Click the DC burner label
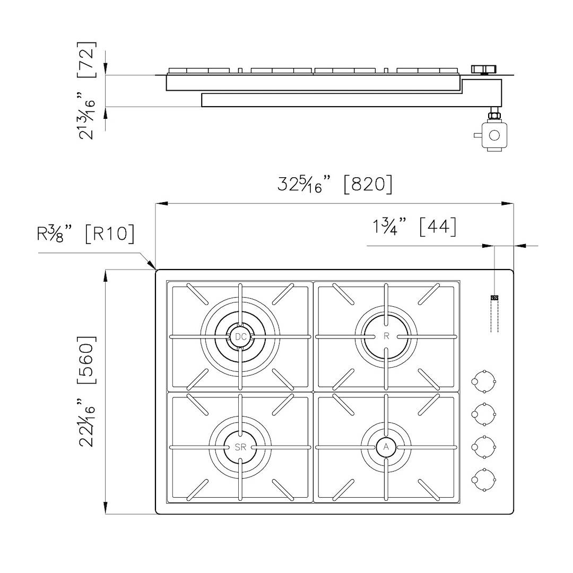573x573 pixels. click(240, 336)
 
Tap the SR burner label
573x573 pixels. click(240, 447)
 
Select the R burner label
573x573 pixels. click(386, 336)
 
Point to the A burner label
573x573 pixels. click(386, 447)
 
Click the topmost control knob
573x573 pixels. click(483, 381)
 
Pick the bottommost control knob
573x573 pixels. click(483, 480)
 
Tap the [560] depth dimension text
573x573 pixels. click(87, 359)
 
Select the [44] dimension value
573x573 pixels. click(438, 227)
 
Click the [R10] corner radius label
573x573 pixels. click(110, 233)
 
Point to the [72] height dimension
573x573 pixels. click(87, 59)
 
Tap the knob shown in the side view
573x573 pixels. click(483, 69)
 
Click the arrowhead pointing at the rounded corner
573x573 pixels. click(150, 264)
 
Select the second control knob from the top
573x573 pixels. click(483, 414)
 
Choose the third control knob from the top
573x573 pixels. click(483, 447)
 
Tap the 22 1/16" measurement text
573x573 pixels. click(87, 422)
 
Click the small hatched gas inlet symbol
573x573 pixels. click(494, 298)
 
